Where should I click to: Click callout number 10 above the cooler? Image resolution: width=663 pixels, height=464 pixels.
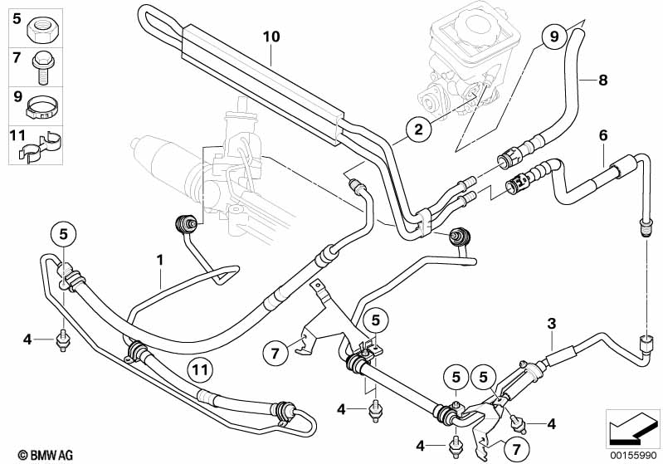tap(271, 37)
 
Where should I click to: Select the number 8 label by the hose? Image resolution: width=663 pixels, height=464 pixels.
tap(603, 80)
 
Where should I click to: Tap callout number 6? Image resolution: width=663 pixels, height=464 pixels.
tap(603, 134)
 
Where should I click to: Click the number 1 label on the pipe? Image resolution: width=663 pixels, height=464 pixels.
tap(159, 260)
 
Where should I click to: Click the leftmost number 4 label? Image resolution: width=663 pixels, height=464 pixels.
tap(27, 339)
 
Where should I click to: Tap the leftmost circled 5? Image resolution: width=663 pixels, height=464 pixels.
tap(63, 235)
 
